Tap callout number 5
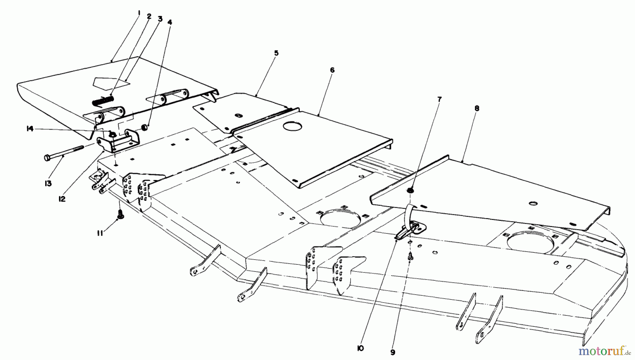[276, 53]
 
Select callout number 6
[332, 70]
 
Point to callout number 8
[477, 108]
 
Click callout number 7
[439, 100]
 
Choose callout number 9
[393, 352]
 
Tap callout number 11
[100, 233]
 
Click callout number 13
[48, 184]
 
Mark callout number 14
[30, 129]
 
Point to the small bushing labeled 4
[144, 127]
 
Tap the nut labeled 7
[410, 190]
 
